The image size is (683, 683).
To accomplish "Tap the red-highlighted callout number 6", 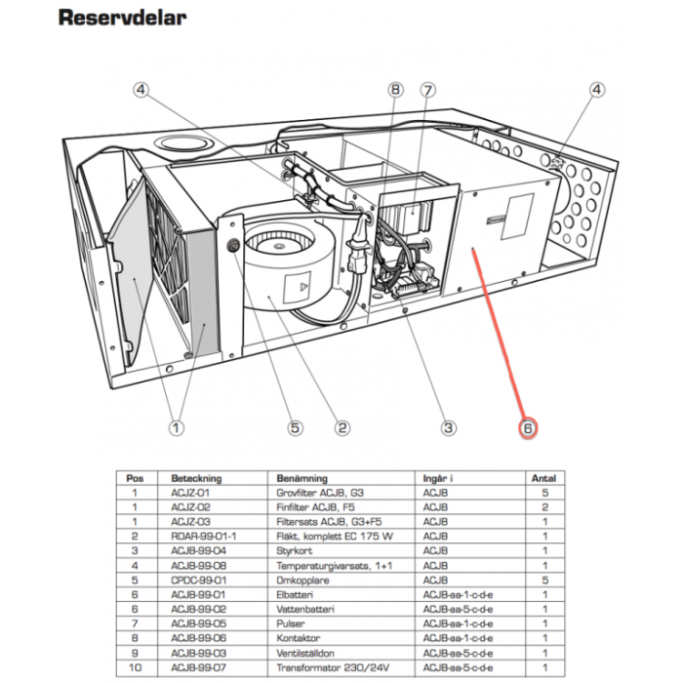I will coord(528,427).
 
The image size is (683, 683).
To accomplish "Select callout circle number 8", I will coord(395,91).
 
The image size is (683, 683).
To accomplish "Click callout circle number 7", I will coord(426,91).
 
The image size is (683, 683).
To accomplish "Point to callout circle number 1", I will coord(176,427).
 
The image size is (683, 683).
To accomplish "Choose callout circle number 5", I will coord(295,427).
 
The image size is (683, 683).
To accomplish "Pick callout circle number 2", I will coord(342,427).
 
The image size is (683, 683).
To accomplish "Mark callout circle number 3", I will coord(449,427).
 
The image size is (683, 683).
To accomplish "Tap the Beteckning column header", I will coord(197,479).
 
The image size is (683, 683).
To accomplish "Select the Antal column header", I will coord(542,479).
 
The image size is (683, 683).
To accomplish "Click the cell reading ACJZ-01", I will coord(191,495).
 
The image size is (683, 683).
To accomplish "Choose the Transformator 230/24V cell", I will coord(322,670).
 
